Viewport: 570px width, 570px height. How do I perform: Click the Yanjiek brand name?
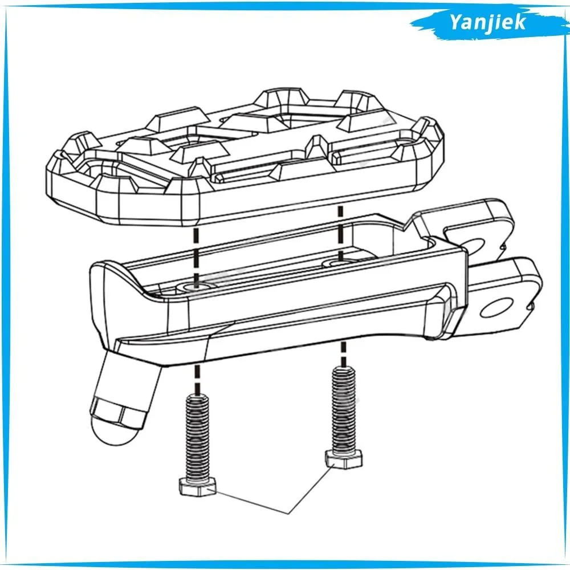click(487, 23)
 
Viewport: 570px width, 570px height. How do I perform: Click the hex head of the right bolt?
click(343, 459)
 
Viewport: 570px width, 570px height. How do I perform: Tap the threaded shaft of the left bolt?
click(197, 437)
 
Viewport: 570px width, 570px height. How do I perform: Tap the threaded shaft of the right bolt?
click(344, 408)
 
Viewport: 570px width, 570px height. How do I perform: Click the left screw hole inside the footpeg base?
click(196, 287)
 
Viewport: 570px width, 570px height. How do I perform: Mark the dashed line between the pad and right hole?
click(341, 233)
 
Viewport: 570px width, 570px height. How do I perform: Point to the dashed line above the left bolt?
click(197, 380)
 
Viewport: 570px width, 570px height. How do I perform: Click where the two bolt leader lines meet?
click(288, 514)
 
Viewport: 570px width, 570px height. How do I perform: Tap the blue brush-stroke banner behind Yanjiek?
click(490, 23)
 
